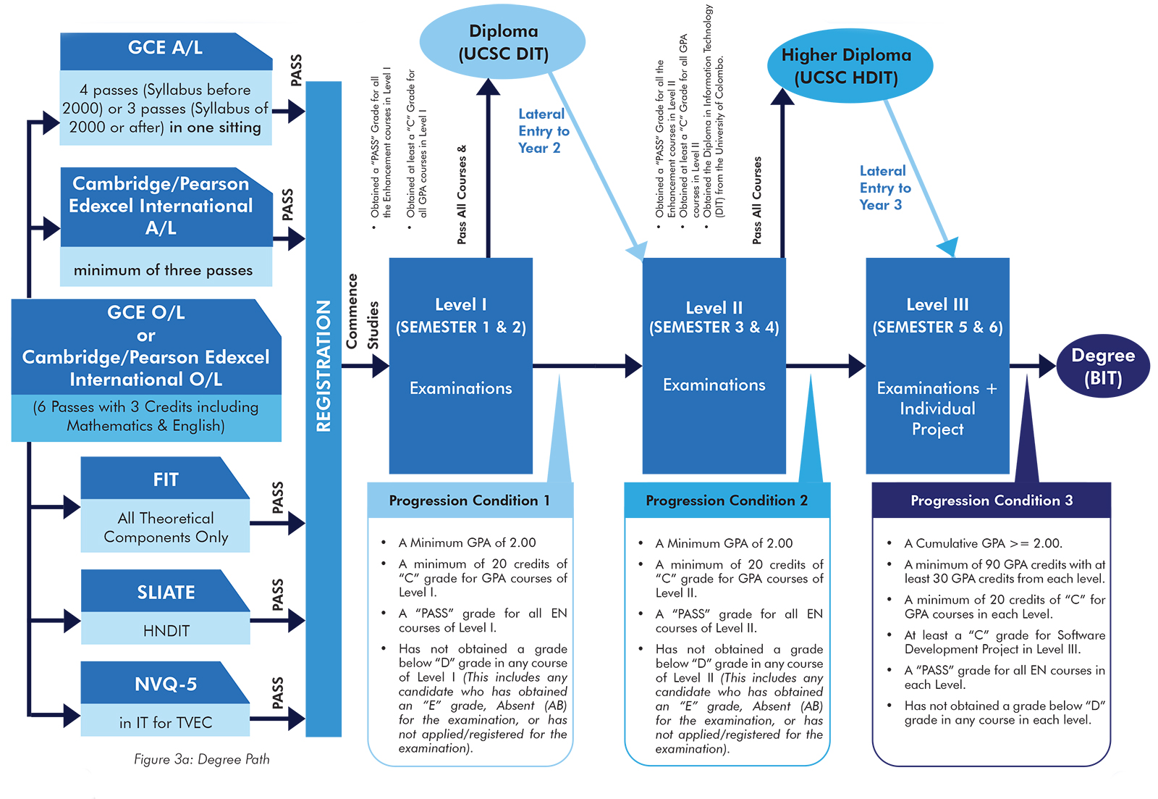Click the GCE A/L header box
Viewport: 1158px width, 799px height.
point(165,49)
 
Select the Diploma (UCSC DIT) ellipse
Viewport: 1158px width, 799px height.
point(503,42)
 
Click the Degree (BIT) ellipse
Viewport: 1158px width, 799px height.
point(1102,367)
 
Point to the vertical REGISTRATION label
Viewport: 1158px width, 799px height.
point(324,366)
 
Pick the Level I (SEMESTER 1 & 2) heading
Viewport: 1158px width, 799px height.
point(460,316)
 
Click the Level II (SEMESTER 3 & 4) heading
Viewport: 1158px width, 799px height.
point(714,317)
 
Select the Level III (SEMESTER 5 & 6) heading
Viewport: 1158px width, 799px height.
point(937,316)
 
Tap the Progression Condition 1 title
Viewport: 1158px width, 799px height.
point(469,501)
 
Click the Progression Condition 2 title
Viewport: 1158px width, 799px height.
point(726,501)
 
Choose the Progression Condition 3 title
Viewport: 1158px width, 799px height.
point(991,501)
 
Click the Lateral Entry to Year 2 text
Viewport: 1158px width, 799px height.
point(543,130)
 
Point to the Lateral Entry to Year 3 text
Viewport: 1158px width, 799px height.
point(884,188)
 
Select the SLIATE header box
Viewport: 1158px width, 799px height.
point(166,592)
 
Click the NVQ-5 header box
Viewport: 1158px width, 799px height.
point(166,684)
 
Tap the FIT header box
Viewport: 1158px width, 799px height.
point(166,480)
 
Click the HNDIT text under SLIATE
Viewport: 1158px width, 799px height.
point(166,631)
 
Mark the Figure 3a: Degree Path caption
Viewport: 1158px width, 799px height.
point(201,759)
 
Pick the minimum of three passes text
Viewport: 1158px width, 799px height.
point(163,270)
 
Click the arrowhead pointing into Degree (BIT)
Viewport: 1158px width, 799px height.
point(1047,366)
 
